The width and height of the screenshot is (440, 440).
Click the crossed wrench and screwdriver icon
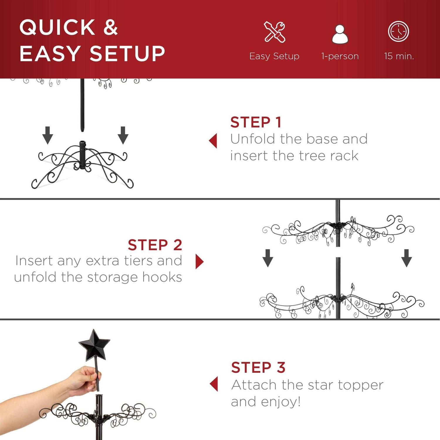275,32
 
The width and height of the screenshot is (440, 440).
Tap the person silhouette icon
340,34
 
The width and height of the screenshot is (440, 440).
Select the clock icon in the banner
398,31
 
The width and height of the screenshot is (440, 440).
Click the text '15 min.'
399,56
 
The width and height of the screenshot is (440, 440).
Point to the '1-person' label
340,56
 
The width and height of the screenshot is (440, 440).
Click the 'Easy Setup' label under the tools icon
274,56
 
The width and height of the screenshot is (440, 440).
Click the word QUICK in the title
57,27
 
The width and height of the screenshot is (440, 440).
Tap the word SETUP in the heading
127,54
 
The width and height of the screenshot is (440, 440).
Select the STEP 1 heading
256,122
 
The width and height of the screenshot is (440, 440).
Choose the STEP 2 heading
155,245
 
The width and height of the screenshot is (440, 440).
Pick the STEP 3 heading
258,368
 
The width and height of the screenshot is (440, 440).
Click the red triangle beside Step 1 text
213,141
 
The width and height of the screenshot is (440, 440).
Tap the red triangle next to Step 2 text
199,261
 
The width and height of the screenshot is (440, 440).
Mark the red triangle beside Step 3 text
214,384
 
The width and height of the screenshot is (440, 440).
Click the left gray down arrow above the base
48,135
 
